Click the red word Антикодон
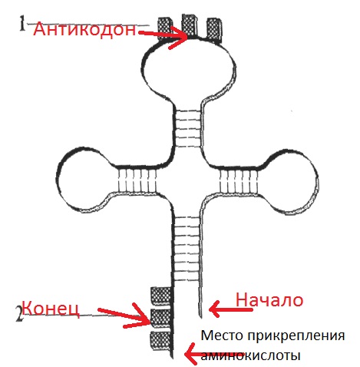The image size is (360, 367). point(84,29)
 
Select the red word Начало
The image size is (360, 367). point(269,299)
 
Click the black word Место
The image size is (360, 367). point(222,336)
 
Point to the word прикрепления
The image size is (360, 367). point(296,336)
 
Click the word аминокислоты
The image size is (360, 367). point(250,355)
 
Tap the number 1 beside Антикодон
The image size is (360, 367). point(22,23)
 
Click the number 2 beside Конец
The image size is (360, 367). point(19,314)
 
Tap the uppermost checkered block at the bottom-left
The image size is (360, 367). point(160,296)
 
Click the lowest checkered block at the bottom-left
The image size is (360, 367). point(161,340)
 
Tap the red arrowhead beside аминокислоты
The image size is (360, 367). point(190,355)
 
